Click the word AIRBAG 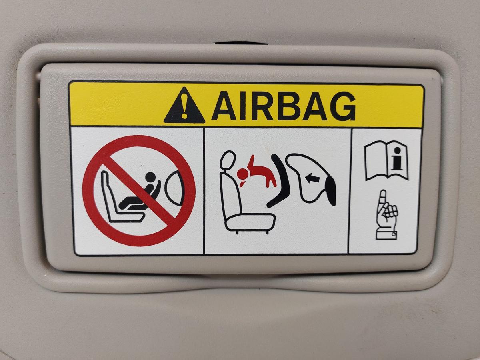click(x=283, y=106)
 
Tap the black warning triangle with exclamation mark click(x=184, y=105)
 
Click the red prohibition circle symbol click(x=139, y=190)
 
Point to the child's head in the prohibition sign click(x=151, y=177)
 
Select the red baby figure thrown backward click(x=256, y=173)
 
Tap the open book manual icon click(x=386, y=161)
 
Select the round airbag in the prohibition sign click(x=174, y=189)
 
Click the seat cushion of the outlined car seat click(x=250, y=222)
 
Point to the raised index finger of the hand click(x=382, y=200)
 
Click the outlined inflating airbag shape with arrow click(x=310, y=180)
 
